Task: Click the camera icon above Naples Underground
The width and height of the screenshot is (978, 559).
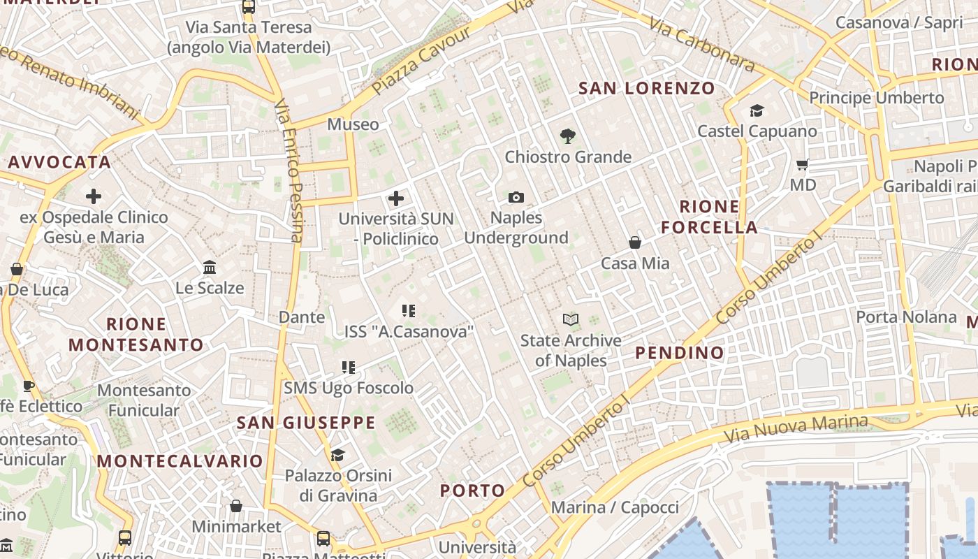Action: click(516, 198)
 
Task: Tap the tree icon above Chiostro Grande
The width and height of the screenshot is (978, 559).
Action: click(568, 136)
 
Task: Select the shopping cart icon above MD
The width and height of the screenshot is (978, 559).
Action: click(803, 165)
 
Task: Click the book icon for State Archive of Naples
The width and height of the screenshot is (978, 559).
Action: click(571, 320)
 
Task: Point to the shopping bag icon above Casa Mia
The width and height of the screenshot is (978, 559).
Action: click(635, 242)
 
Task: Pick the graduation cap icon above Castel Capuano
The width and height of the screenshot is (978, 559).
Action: click(757, 110)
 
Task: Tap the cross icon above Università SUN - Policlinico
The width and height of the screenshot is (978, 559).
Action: click(396, 198)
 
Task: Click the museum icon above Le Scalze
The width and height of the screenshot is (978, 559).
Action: click(210, 267)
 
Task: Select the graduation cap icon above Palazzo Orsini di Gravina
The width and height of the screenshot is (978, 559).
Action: click(337, 456)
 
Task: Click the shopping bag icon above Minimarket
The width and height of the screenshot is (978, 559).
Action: click(236, 506)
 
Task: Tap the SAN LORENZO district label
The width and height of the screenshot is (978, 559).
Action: click(647, 89)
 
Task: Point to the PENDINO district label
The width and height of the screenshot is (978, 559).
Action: click(680, 353)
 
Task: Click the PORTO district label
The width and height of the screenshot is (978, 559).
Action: click(472, 491)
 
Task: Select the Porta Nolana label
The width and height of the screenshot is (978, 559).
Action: click(906, 317)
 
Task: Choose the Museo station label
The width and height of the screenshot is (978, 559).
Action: click(353, 124)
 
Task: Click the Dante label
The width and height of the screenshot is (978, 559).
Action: click(302, 317)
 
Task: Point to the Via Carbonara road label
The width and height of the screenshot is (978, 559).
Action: click(701, 45)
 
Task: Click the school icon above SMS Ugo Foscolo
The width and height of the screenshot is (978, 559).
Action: click(349, 367)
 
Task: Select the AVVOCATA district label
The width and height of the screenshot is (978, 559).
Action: click(60, 162)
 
